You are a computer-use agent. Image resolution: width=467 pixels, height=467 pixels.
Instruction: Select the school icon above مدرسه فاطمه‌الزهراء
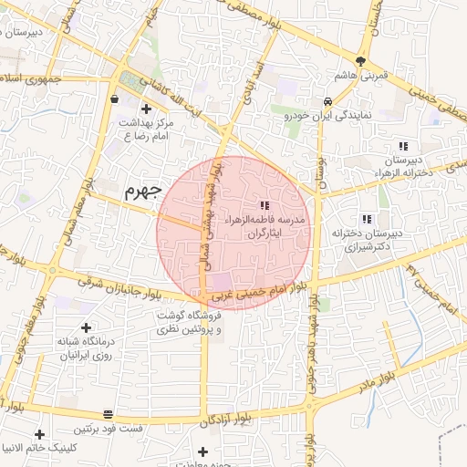click(x=265, y=206)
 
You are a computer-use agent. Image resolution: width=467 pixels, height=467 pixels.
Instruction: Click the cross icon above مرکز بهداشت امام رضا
click(x=146, y=109)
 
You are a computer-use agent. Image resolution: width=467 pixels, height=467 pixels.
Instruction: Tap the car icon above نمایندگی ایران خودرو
click(x=327, y=101)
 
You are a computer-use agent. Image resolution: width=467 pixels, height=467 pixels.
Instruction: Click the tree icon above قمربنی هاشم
click(x=362, y=62)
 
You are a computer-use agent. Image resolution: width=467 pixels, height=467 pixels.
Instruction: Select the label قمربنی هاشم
click(x=363, y=77)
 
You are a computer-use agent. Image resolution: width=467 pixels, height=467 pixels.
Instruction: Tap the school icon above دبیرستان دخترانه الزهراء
click(x=402, y=146)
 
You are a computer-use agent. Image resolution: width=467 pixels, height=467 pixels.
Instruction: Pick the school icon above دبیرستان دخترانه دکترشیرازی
click(x=366, y=219)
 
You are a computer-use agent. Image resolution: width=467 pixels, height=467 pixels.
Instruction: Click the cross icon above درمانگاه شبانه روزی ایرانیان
click(x=86, y=327)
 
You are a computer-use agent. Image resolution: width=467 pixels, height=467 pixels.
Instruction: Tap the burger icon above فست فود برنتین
click(x=109, y=413)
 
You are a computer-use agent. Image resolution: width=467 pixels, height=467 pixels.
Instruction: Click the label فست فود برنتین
click(x=110, y=429)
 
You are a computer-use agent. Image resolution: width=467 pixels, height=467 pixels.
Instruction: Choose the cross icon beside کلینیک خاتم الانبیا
click(x=38, y=434)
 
